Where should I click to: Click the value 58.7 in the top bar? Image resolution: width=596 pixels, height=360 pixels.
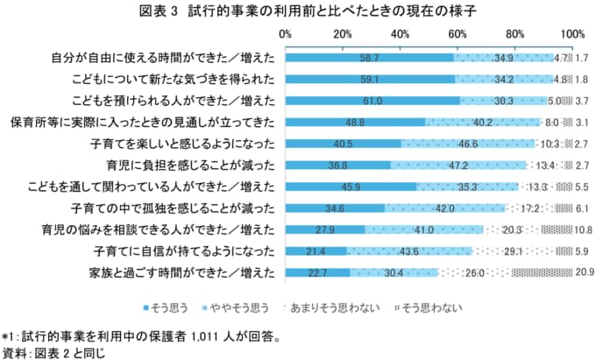369,58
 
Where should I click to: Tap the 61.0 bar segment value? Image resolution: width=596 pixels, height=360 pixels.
372,101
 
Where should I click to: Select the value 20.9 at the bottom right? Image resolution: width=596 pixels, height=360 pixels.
585,272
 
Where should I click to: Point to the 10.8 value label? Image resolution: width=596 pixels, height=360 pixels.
585,229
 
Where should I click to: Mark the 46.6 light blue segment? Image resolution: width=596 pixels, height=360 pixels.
467,144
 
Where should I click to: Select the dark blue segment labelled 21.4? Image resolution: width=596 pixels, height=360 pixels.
316,251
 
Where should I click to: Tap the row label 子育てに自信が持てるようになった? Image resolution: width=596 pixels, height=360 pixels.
186,251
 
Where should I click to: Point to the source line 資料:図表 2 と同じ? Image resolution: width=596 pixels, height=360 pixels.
57,352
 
